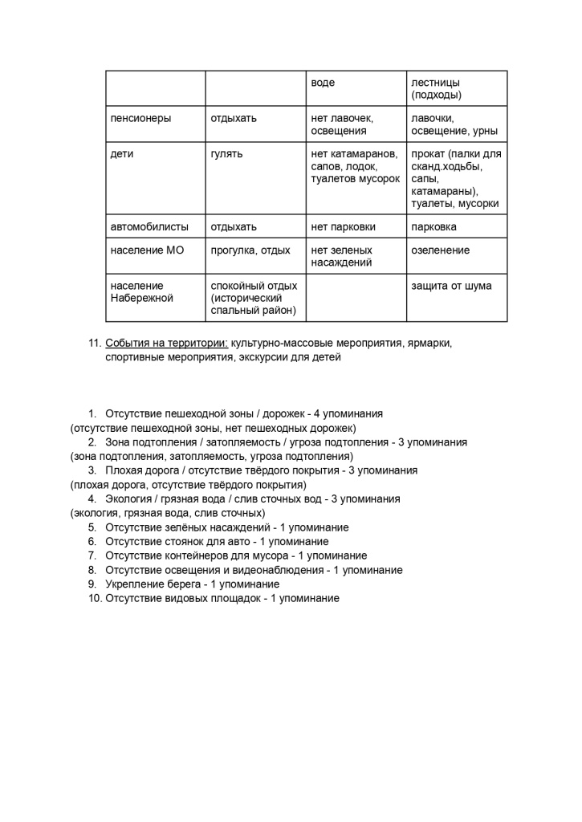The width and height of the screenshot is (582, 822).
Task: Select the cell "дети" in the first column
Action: [x=122, y=154]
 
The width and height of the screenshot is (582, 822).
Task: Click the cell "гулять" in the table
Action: [x=226, y=154]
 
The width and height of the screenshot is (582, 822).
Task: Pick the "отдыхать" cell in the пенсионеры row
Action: [x=234, y=119]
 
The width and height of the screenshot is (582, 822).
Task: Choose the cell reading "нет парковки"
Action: [x=343, y=227]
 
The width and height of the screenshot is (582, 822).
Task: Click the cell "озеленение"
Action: [x=440, y=250]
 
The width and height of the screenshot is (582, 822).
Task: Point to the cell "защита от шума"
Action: [x=451, y=286]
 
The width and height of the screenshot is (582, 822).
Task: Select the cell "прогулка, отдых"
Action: [x=250, y=250]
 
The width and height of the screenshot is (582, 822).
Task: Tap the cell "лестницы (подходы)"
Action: [x=436, y=88]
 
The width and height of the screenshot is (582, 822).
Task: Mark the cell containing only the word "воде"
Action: [x=323, y=83]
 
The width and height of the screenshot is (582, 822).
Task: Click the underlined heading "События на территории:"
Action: [x=166, y=344]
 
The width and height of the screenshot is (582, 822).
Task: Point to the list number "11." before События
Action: [x=93, y=344]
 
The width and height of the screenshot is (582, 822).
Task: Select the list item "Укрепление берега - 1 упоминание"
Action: [x=192, y=584]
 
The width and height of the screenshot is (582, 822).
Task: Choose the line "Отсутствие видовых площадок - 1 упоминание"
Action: [x=222, y=599]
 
